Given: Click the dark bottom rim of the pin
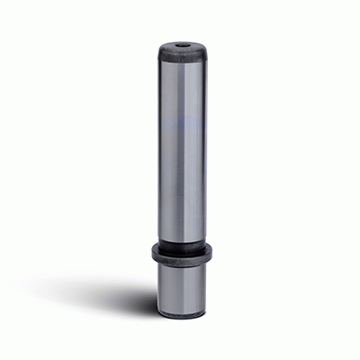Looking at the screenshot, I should (184, 316).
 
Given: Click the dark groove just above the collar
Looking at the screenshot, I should (184, 242).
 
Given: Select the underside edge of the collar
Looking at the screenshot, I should (184, 262).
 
